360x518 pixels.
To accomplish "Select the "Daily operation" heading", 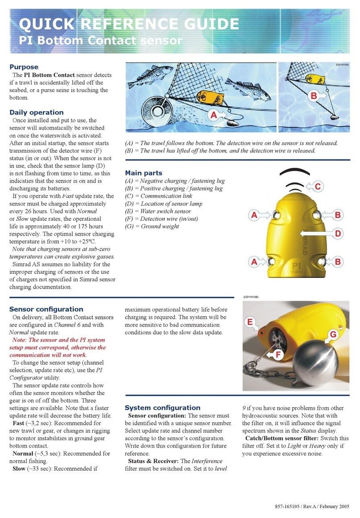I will (37, 112).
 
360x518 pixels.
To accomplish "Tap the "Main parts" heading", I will (143, 173).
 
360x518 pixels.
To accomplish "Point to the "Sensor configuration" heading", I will (46, 309).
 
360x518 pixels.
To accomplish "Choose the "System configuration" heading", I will (163, 408).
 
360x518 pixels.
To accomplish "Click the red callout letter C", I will (318, 187).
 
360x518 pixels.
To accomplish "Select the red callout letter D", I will (338, 233).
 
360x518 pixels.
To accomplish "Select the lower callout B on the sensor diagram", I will (338, 262).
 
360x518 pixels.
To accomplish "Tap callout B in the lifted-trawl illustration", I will (314, 95).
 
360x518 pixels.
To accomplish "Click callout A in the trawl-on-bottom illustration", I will (213, 115).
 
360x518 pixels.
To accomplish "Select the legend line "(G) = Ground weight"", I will (152, 226).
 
